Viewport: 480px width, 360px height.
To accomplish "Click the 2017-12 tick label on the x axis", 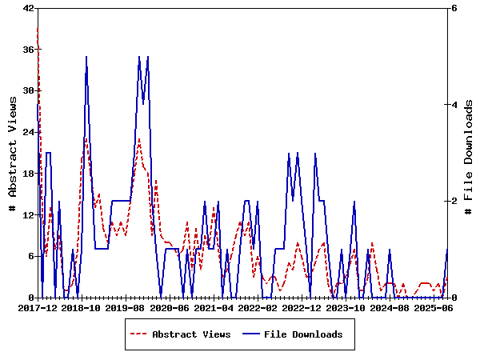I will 37,307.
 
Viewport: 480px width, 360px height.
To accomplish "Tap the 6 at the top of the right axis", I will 454,8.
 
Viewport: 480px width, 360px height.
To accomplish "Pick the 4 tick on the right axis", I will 454,105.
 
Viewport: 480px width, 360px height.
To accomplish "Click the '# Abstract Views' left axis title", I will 12,153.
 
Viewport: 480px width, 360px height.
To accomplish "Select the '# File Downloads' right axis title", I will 469,153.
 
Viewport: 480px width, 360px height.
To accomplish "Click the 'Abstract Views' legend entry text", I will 191,334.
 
